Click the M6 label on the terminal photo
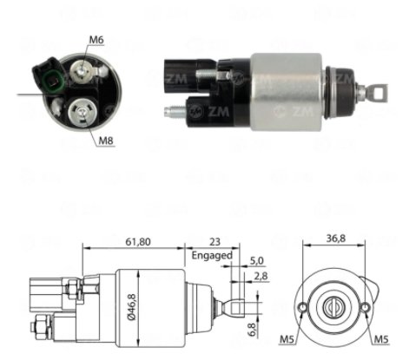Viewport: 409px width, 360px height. pyautogui.click(x=96, y=40)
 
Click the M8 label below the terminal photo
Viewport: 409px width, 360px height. pyautogui.click(x=106, y=141)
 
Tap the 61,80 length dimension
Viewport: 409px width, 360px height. pyautogui.click(x=138, y=241)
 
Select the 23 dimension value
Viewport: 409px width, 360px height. pyautogui.click(x=214, y=241)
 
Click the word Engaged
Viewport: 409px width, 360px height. pyautogui.click(x=212, y=256)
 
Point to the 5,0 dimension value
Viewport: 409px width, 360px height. pyautogui.click(x=256, y=261)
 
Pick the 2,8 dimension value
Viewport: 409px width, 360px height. pyautogui.click(x=261, y=276)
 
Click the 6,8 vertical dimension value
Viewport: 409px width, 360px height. pyautogui.click(x=252, y=330)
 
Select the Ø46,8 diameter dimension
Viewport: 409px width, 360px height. pyautogui.click(x=132, y=307)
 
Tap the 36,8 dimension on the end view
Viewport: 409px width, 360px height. pyautogui.click(x=336, y=239)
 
